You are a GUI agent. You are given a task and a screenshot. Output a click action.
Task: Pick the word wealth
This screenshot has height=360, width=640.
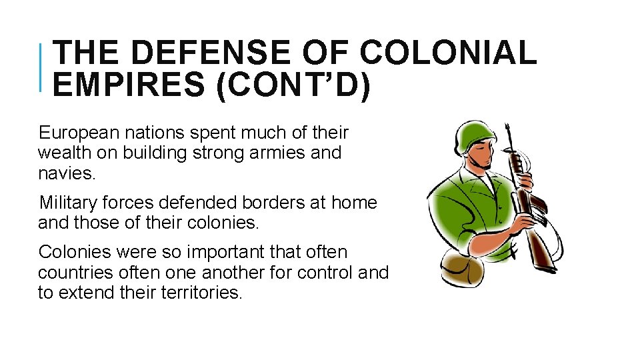point(63,153)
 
